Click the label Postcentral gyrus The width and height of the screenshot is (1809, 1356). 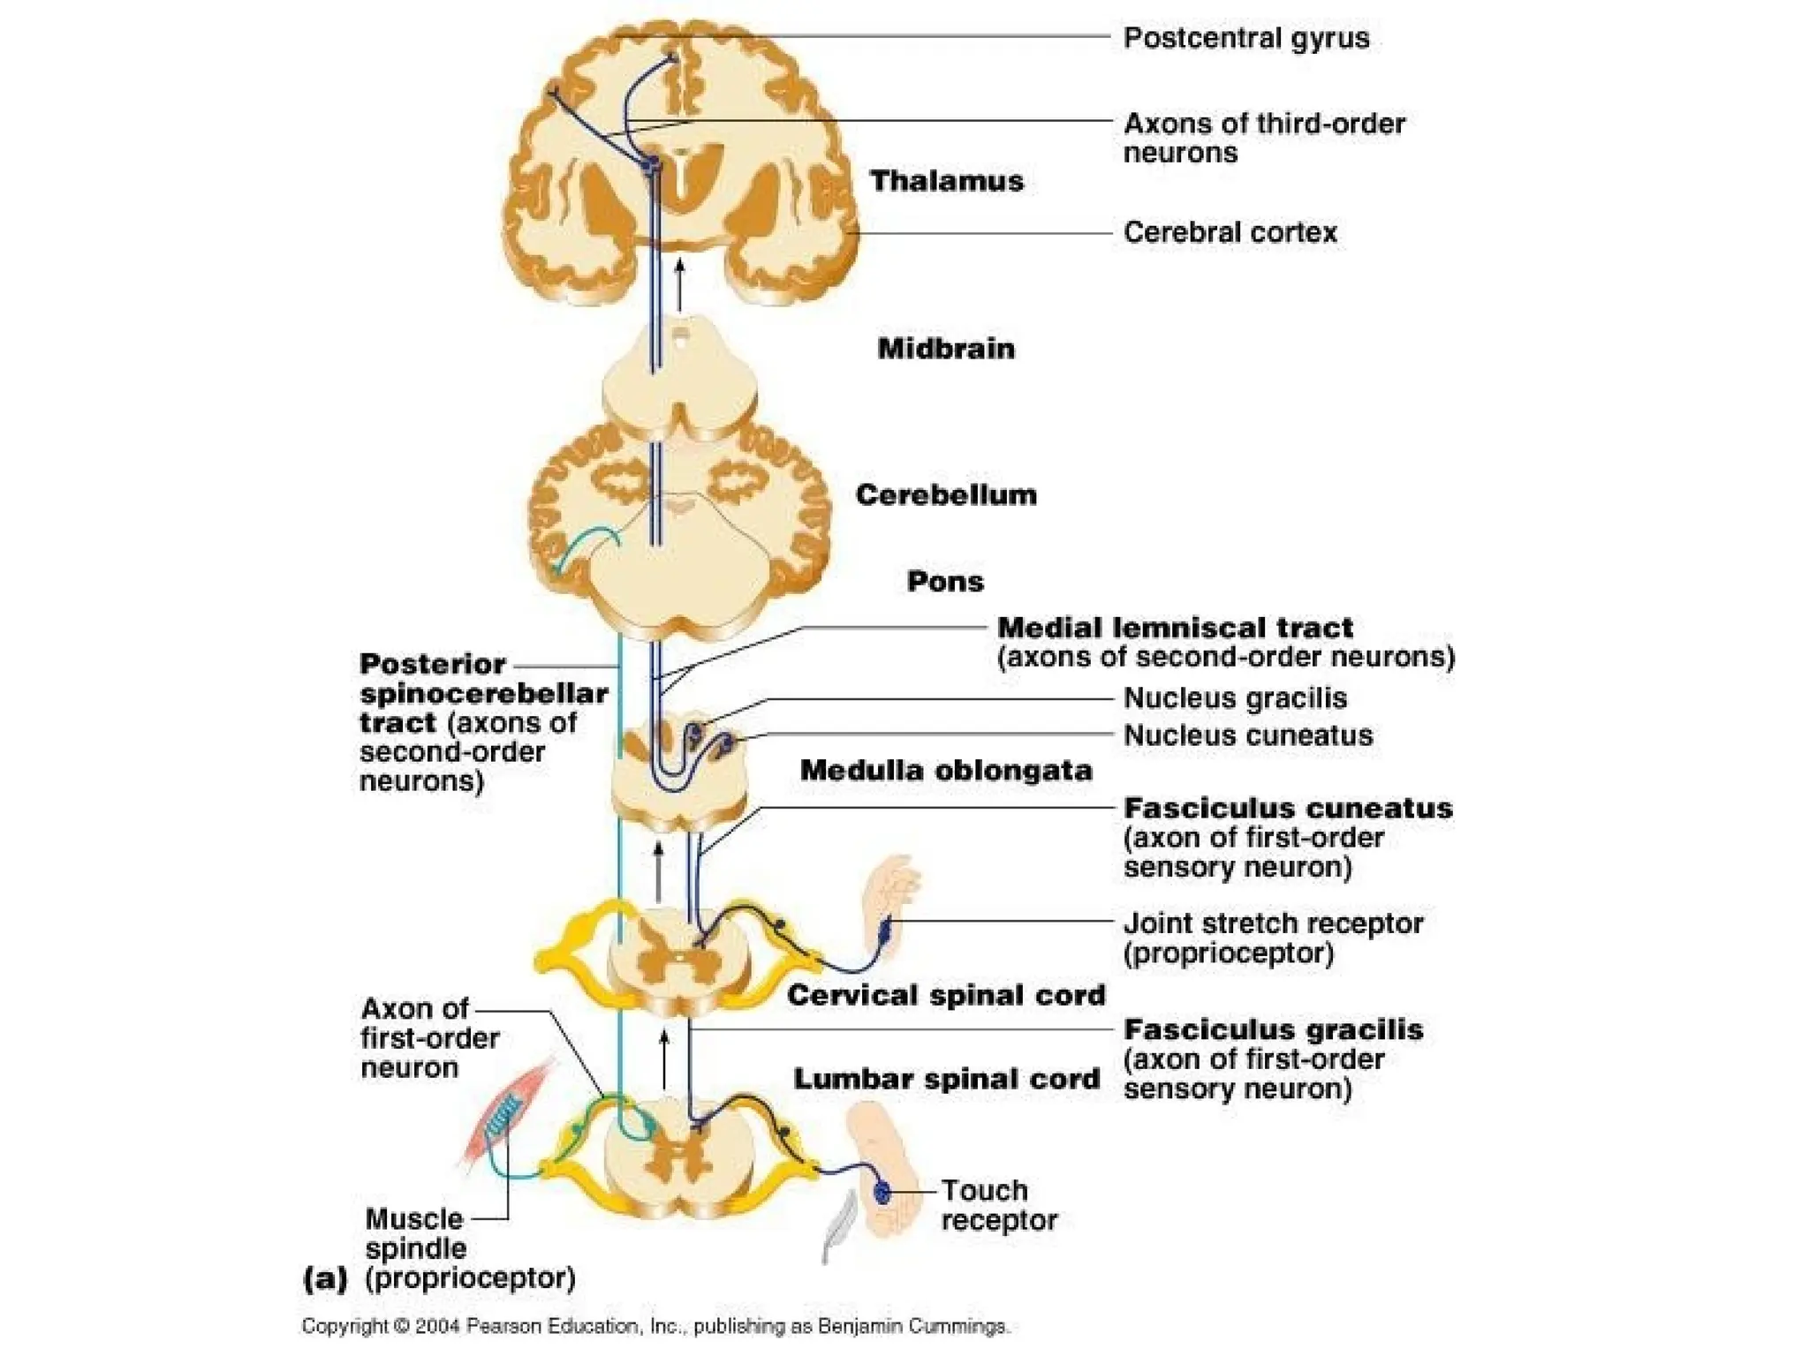point(1245,38)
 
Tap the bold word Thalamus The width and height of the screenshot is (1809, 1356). point(946,181)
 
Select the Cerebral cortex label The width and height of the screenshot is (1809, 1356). point(1230,232)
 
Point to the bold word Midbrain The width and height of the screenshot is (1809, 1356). point(946,349)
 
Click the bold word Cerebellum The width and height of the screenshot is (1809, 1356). point(946,494)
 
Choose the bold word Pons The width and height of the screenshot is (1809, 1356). point(945,581)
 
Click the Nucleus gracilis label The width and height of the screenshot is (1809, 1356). point(1235,698)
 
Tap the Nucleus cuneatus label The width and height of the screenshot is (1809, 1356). point(1247,735)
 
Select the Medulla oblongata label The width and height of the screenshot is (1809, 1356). point(946,770)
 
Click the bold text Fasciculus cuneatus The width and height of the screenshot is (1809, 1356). point(1287,808)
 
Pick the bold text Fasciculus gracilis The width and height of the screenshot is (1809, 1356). point(1273,1029)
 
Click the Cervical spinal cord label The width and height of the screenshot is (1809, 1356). point(946,995)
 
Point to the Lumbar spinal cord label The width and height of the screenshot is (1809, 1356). point(946,1079)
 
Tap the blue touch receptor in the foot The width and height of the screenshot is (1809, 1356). point(882,1193)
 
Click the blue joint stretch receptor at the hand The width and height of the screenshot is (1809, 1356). point(885,928)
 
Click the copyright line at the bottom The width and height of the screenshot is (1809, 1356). point(655,1326)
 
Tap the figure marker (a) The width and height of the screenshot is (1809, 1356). point(324,1277)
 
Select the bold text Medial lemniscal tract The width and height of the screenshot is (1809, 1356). point(1174,628)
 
